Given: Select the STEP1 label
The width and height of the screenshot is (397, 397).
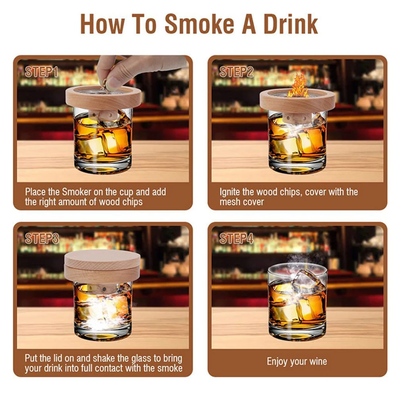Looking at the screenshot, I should [42, 72].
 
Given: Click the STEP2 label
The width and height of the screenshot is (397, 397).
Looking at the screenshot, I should [236, 72].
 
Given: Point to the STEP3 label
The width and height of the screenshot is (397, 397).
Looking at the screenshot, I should [42, 238].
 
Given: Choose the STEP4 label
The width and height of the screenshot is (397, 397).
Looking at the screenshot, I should [236, 238].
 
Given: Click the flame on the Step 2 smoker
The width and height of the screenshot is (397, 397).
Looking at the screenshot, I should [298, 85].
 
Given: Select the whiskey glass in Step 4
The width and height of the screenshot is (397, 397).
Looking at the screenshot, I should [297, 304].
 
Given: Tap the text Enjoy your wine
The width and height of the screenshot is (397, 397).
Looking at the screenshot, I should [297, 361].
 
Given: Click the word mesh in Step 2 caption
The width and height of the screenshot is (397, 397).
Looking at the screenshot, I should [229, 202].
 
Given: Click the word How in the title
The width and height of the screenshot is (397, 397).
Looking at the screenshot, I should [102, 24].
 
